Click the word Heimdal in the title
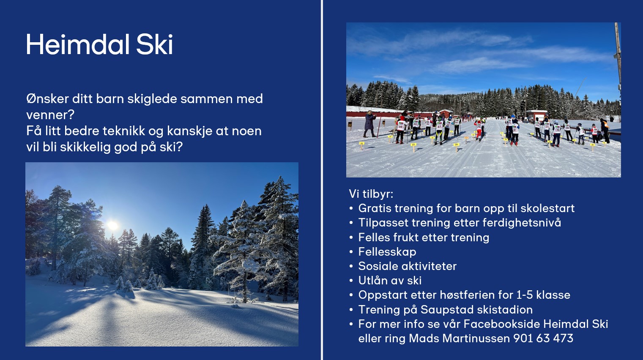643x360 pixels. point(77,44)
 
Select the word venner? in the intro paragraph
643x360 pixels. point(50,115)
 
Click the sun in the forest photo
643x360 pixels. point(112,226)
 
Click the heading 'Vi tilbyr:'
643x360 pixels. point(371,194)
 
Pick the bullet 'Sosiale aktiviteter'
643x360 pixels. point(408,266)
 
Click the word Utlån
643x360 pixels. point(372,281)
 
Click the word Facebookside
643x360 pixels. point(502,324)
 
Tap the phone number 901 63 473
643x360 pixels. point(543,338)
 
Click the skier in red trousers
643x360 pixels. point(479,131)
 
